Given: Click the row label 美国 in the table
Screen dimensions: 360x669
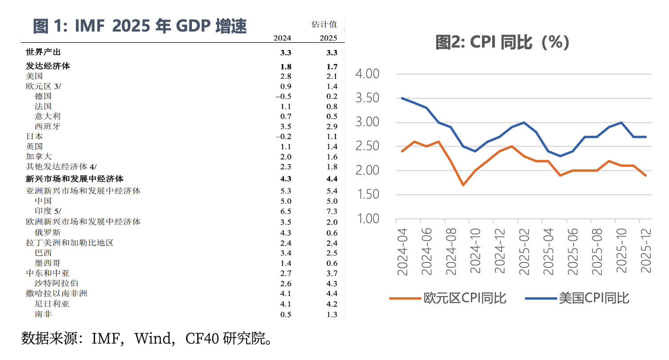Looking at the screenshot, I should click(x=35, y=76).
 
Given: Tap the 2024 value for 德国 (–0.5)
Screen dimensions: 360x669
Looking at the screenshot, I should click(x=283, y=96).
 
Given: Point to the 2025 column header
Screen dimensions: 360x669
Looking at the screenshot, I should click(x=328, y=38).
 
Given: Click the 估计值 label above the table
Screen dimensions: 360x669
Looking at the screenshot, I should click(x=324, y=24).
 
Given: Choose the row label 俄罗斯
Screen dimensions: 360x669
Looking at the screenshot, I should click(x=48, y=232).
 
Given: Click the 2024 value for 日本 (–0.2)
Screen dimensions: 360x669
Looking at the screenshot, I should click(x=283, y=137).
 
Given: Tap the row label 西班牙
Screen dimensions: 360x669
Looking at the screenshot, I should click(x=48, y=126).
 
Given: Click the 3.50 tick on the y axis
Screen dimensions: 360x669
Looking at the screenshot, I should click(x=368, y=98).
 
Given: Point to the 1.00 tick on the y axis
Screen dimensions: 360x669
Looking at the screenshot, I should click(x=368, y=219).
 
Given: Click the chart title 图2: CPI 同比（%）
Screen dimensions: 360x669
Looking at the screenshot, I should click(x=502, y=43).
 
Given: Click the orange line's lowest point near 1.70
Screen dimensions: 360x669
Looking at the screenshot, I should click(x=463, y=185).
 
